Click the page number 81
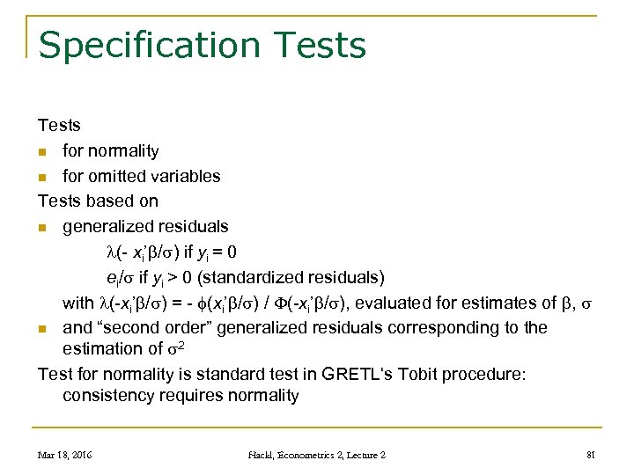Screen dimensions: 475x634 [592, 455]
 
